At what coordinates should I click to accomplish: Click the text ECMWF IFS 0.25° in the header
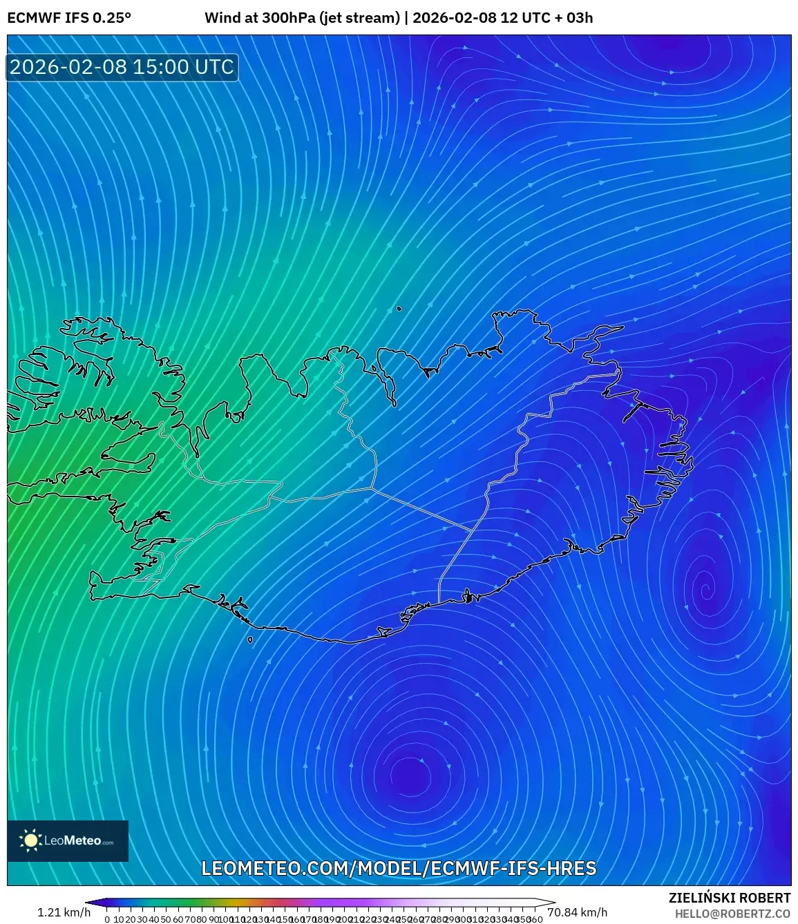(69, 18)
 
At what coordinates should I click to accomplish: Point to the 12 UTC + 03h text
(547, 18)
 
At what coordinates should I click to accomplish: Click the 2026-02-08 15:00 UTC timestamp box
(122, 67)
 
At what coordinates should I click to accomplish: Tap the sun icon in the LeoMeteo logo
(31, 840)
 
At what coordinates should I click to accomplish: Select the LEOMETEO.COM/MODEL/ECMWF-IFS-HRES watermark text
(399, 868)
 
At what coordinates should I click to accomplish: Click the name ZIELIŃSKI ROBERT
(729, 898)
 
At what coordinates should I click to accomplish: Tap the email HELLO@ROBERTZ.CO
(732, 914)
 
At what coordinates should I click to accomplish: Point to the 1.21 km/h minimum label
(64, 912)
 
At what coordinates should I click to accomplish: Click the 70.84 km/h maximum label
(577, 912)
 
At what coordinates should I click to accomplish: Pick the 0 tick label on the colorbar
(107, 919)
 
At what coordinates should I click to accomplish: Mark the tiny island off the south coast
(250, 640)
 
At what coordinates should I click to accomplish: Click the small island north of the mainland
(399, 309)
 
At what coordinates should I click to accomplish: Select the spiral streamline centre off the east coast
(705, 590)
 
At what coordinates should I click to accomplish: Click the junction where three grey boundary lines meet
(372, 488)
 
